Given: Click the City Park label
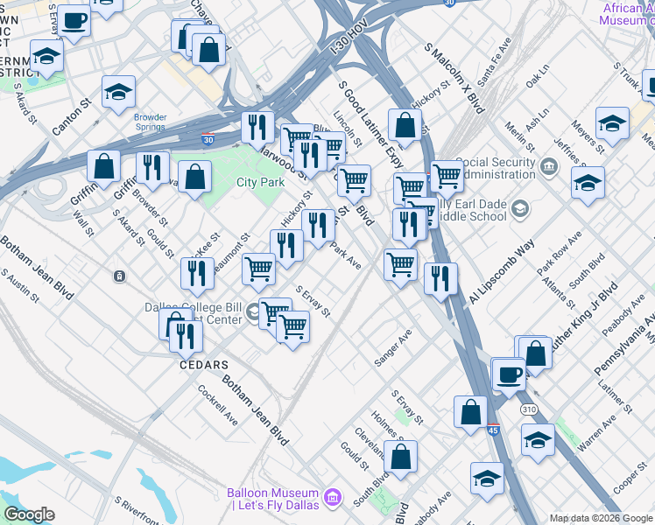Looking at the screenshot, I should coord(260,182).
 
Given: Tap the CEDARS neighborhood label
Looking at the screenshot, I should coord(204,364).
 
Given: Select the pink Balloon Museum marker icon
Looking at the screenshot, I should coord(332,498).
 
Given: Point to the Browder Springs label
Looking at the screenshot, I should coord(150,122).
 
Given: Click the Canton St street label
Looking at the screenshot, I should coord(72,116).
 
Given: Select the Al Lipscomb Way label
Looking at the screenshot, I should coord(501,271).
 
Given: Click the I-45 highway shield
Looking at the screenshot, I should coord(493,429).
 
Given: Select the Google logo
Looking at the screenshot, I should coord(29,514).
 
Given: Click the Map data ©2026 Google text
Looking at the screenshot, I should coord(601,518).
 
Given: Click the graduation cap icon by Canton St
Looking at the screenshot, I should coord(118,92).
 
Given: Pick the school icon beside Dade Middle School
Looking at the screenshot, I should coord(520,208).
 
